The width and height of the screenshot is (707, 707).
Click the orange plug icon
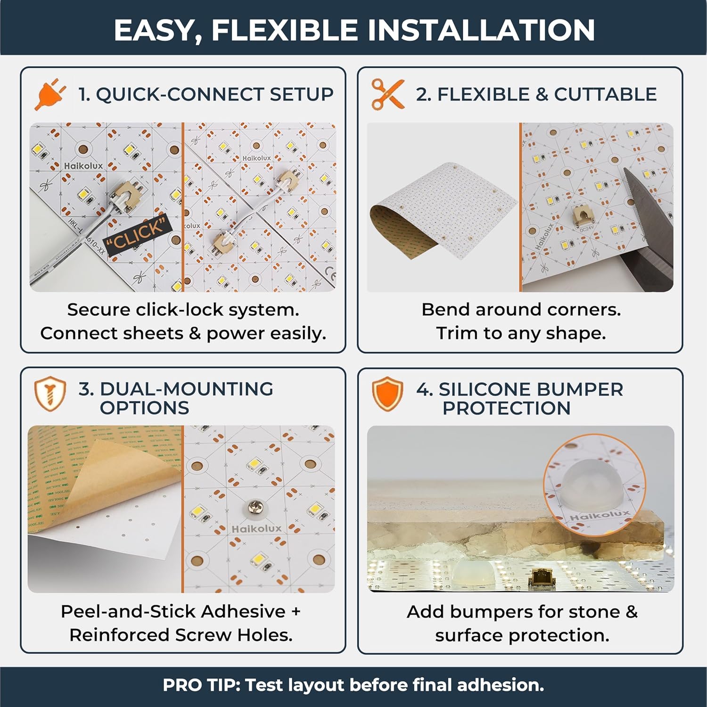click(x=48, y=94)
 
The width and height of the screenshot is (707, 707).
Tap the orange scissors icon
click(x=387, y=94)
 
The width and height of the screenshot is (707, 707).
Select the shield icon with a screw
click(x=49, y=394)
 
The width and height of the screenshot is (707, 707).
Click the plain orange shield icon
click(x=387, y=394)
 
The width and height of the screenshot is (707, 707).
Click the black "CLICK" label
click(x=137, y=234)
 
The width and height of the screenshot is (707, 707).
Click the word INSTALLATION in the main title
click(x=481, y=30)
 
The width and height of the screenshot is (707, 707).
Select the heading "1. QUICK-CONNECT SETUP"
click(x=206, y=94)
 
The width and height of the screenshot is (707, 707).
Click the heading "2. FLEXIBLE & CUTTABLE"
click(x=536, y=94)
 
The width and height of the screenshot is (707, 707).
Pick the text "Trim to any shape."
click(x=521, y=333)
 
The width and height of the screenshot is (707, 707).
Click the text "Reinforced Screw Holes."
click(x=181, y=635)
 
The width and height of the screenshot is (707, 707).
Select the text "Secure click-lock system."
click(x=183, y=310)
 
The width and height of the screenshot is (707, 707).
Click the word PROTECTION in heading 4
click(x=506, y=408)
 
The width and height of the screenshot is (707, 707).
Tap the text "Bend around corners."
click(x=521, y=310)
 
